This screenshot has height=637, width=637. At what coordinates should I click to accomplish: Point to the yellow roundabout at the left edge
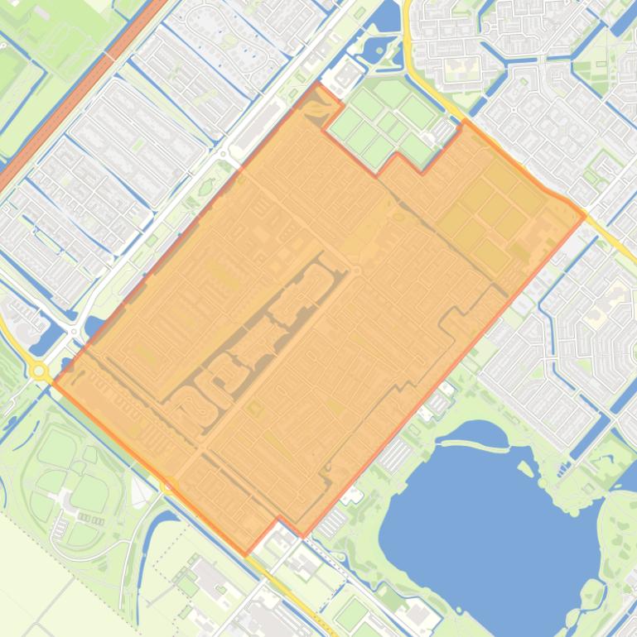coord(40,370)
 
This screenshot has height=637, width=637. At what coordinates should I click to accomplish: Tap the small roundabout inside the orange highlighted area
coord(357,271)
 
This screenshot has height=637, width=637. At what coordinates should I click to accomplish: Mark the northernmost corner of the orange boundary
coord(317,84)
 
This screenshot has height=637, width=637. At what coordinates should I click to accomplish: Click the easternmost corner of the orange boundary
coord(585,216)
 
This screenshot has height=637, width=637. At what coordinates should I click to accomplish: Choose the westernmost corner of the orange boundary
coord(54,382)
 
